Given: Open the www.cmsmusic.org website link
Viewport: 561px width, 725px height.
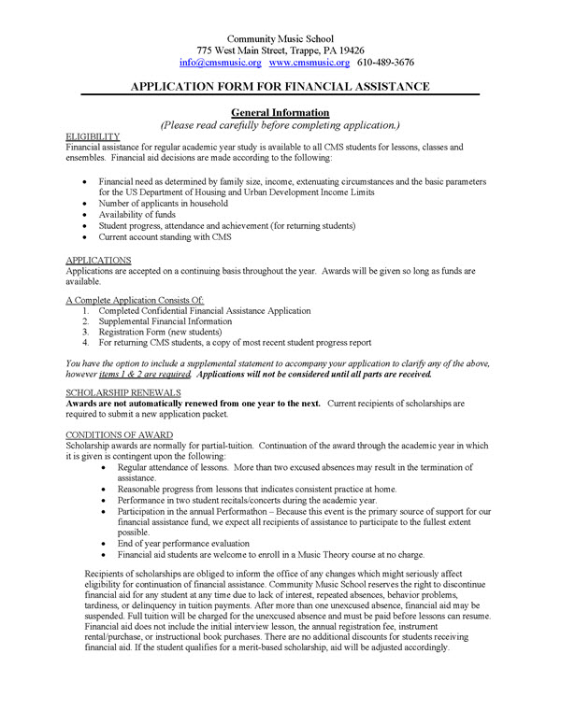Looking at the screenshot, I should pyautogui.click(x=309, y=63).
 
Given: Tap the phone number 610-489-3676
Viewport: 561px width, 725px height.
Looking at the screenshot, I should pyautogui.click(x=386, y=63).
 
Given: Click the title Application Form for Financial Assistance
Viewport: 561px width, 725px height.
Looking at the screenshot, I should pyautogui.click(x=280, y=86).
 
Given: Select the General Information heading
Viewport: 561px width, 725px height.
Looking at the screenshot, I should pyautogui.click(x=280, y=112).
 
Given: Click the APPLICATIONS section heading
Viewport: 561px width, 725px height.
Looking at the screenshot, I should pyautogui.click(x=98, y=259).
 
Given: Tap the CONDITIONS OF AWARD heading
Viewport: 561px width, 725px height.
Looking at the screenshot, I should pyautogui.click(x=121, y=434).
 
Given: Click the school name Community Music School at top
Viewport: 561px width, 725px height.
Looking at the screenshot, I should pyautogui.click(x=280, y=36).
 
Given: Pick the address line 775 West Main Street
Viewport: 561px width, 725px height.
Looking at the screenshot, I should pyautogui.click(x=280, y=50).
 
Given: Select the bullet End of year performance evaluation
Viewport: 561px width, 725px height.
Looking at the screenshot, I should pyautogui.click(x=197, y=542).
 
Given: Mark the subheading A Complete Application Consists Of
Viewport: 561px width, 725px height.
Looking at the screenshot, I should pyautogui.click(x=135, y=299).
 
